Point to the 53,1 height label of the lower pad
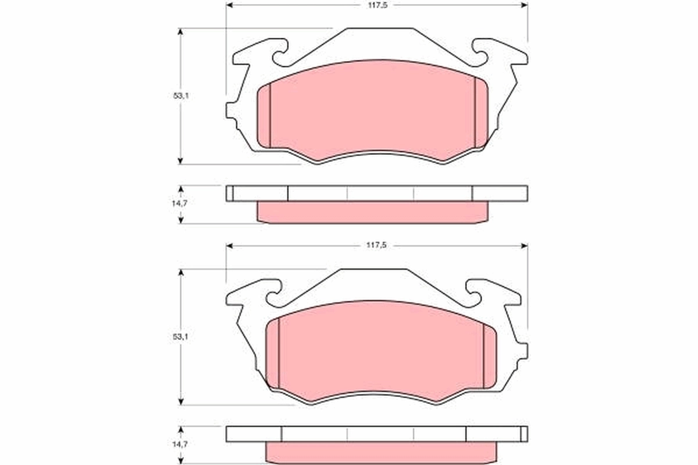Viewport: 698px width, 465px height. pos(180,337)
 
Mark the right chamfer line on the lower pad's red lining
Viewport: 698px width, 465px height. pos(483,355)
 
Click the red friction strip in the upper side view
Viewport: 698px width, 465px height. pos(372,212)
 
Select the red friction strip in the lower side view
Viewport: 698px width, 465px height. pos(381,453)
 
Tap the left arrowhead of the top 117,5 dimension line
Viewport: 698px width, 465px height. pos(229,5)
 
